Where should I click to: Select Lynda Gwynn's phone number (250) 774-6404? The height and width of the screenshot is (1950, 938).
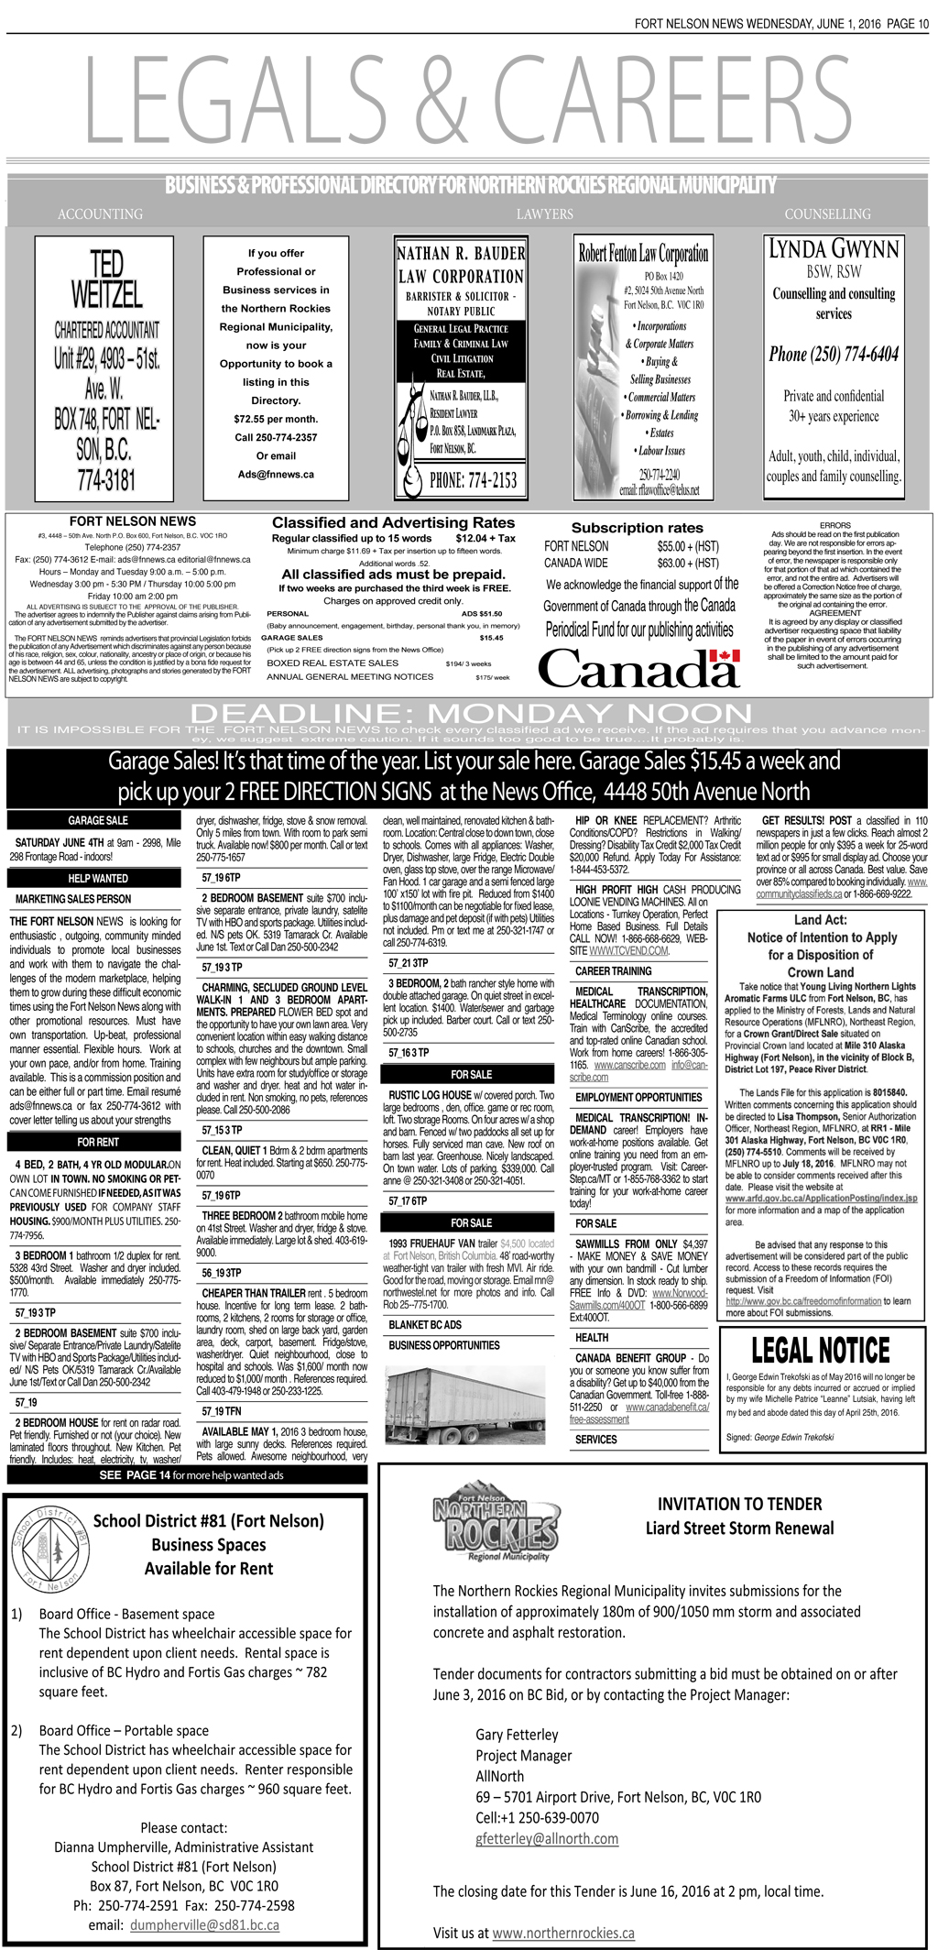[x=833, y=355]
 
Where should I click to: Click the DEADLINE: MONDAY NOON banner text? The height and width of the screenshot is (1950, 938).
[x=470, y=712]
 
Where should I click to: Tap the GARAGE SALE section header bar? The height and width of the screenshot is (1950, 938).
[x=97, y=820]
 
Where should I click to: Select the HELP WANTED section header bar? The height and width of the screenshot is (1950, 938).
[x=97, y=879]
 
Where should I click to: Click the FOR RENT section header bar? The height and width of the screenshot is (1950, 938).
[x=97, y=1142]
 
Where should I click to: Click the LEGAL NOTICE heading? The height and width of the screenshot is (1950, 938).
[x=820, y=1351]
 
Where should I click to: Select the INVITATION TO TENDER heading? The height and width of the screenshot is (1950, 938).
[x=739, y=1504]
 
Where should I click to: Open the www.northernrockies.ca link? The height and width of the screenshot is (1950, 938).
[x=562, y=1933]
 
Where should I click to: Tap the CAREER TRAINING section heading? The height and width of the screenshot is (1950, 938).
[x=613, y=970]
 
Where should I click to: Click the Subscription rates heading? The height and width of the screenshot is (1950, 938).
[x=637, y=528]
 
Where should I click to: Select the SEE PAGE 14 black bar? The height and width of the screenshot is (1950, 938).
[x=191, y=1474]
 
